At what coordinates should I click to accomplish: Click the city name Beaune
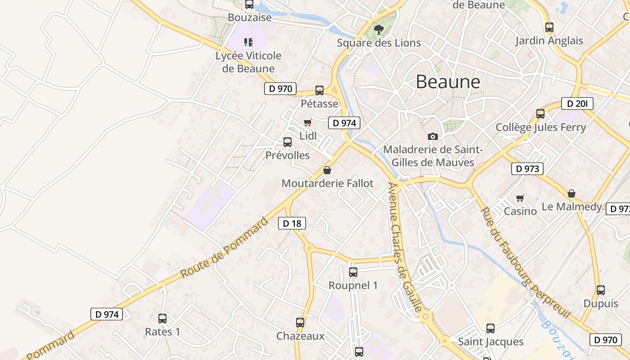(448, 82)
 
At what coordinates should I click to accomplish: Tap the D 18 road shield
(292, 223)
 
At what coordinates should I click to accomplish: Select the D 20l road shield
(577, 104)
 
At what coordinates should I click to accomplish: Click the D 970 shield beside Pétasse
(280, 89)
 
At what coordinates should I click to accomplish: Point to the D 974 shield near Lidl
(344, 123)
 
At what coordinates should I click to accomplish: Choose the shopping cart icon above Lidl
(308, 122)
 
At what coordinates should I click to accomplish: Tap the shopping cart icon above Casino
(520, 198)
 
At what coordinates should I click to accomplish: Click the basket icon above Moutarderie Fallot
(327, 170)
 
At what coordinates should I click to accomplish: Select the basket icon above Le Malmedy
(571, 193)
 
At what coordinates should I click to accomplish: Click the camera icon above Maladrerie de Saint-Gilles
(432, 136)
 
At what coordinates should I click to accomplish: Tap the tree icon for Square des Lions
(379, 30)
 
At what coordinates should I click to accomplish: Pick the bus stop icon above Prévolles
(288, 142)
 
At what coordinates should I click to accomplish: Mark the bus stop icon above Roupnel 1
(353, 272)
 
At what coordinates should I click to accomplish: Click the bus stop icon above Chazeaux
(300, 322)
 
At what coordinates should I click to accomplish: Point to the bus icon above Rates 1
(162, 318)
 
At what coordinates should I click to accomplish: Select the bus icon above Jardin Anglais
(549, 27)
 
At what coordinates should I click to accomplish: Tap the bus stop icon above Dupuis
(601, 290)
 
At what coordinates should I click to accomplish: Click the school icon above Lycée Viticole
(248, 42)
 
